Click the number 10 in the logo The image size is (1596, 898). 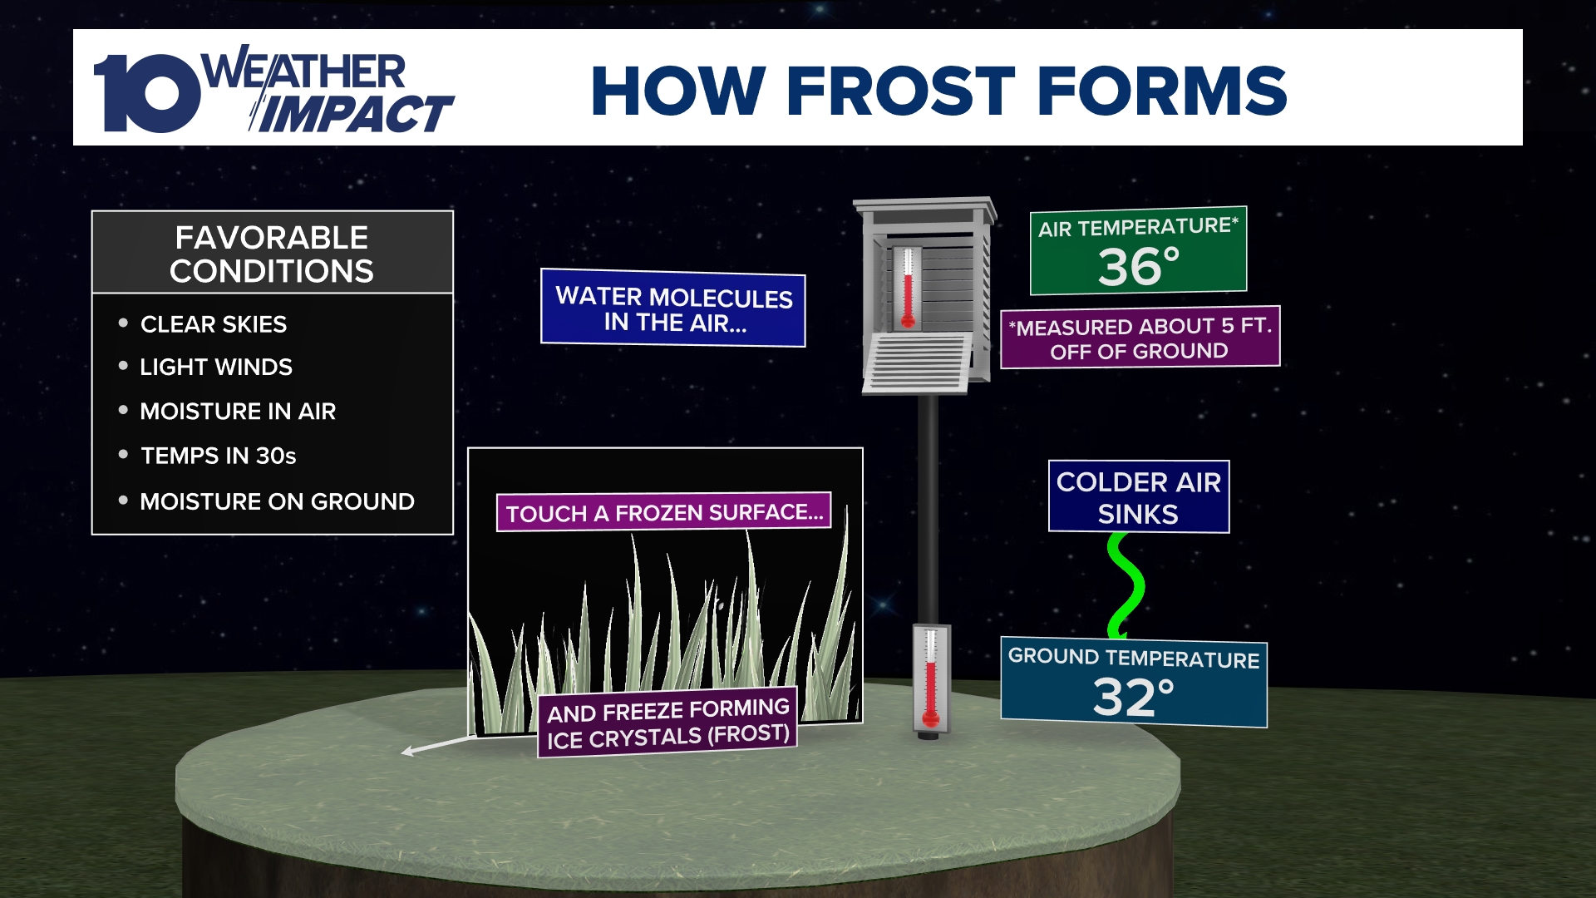(145, 93)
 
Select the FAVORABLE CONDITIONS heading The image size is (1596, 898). (272, 254)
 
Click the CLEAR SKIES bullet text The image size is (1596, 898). (213, 324)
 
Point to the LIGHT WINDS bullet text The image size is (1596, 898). (215, 368)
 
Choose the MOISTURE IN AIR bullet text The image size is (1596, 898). (237, 412)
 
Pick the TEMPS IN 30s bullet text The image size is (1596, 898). (218, 456)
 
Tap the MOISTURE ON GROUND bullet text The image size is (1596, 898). (277, 501)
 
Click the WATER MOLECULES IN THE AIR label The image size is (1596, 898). (673, 308)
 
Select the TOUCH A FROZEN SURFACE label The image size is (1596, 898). (664, 512)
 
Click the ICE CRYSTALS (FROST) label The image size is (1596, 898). (667, 723)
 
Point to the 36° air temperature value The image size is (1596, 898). (1138, 268)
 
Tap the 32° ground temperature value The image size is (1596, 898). (1133, 698)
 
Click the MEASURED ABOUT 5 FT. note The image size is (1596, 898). (1140, 338)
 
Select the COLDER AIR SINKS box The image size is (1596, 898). (1138, 497)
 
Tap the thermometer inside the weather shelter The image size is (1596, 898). (908, 287)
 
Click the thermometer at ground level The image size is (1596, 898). (930, 678)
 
